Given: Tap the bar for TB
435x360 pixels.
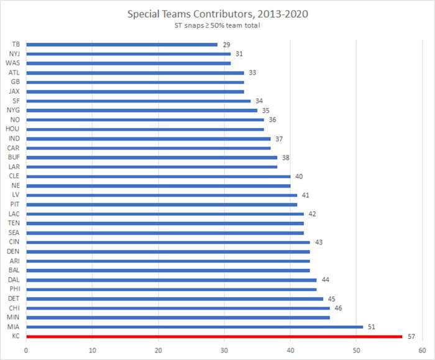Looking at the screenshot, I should [122, 44].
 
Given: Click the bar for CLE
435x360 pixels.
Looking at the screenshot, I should [158, 176].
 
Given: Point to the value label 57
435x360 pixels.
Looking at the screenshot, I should [412, 336].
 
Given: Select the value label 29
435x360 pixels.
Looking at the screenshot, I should [227, 44].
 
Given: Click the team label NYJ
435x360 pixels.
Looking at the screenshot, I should [16, 53].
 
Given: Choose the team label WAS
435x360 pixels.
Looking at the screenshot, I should [14, 63].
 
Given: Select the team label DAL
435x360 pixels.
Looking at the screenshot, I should [15, 280].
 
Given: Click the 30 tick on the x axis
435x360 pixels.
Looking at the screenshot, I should [224, 350].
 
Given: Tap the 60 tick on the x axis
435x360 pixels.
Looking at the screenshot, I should [422, 350].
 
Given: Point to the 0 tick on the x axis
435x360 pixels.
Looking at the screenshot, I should [27, 350].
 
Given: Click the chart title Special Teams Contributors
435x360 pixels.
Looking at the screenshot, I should [217, 13].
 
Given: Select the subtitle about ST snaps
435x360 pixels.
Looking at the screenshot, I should [217, 25].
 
